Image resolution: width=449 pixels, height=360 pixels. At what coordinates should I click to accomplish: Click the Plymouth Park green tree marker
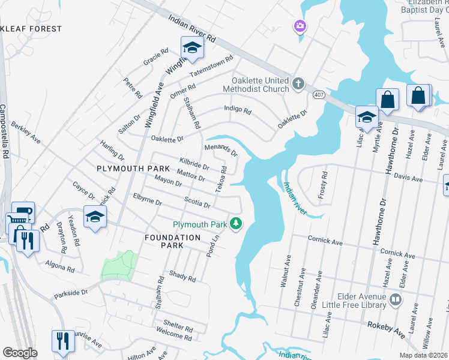237,224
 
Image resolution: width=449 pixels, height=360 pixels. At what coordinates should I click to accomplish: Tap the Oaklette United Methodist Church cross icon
298,83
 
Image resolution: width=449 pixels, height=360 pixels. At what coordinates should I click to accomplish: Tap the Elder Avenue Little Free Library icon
396,299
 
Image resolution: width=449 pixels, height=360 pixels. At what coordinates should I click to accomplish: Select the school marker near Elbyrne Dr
95,217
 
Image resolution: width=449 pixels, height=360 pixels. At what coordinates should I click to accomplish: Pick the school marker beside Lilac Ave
366,116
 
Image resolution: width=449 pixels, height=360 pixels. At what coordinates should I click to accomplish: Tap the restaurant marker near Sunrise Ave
62,340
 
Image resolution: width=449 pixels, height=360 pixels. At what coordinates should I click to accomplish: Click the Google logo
20,353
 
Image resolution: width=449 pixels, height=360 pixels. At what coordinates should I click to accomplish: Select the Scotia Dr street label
197,203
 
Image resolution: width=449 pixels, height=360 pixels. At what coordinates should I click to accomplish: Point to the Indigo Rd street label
237,110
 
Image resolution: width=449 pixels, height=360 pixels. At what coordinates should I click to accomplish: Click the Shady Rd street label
183,278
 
